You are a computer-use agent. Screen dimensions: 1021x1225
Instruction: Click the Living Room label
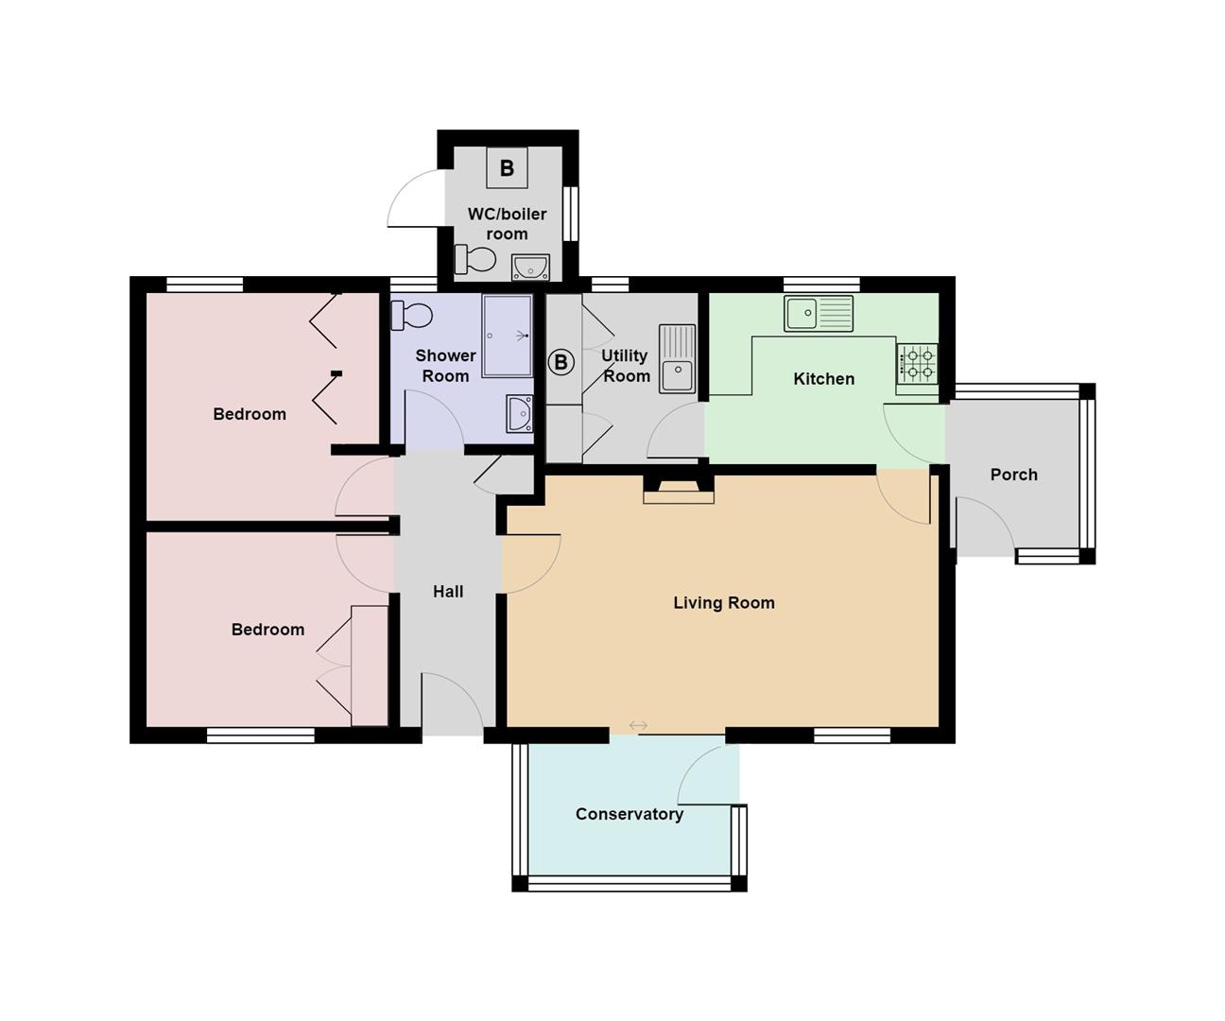coord(723,603)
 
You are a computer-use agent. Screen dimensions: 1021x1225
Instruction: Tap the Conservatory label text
coord(629,814)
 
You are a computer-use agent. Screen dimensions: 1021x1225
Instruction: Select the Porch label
coord(1013,475)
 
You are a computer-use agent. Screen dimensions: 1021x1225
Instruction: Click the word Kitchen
coord(823,379)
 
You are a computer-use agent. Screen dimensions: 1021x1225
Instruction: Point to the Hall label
coord(448,592)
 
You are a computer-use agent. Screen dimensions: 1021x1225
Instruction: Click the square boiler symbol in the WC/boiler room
coord(507,168)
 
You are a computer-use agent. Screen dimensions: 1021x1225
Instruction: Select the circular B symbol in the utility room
coord(561,362)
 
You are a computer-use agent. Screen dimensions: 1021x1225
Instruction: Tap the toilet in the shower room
coord(411,315)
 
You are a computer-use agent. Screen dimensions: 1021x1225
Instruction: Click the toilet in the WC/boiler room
coord(475,258)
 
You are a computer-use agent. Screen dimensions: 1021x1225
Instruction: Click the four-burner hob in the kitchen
coord(917,364)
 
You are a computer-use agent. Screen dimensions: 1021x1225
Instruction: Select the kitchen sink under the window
coord(818,313)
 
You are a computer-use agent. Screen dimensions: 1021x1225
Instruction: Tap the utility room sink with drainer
coord(677,358)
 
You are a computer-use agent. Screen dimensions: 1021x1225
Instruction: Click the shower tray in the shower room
coord(508,336)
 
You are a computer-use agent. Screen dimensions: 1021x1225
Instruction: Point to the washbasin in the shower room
coord(519,413)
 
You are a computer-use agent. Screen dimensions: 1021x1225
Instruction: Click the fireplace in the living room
coord(679,489)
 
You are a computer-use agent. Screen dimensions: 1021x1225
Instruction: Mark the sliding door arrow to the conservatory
coord(638,725)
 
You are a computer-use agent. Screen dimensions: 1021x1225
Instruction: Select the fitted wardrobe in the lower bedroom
coord(369,666)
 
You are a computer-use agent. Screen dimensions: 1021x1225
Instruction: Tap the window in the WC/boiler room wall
coord(570,214)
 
